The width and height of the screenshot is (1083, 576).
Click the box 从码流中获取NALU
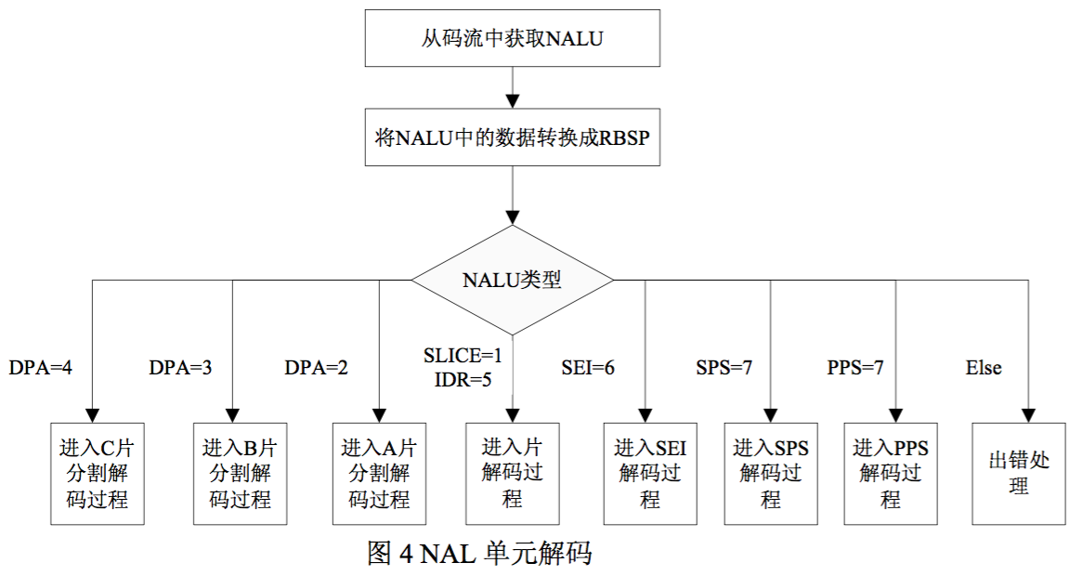(513, 39)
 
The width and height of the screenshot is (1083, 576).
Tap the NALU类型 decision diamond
(513, 280)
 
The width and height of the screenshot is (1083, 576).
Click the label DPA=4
(41, 368)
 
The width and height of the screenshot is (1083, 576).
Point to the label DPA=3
(180, 368)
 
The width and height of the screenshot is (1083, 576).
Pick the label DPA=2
(317, 368)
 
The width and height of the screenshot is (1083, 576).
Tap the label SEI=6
(588, 368)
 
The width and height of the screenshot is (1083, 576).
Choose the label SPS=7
(724, 368)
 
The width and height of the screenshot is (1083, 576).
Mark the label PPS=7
(855, 368)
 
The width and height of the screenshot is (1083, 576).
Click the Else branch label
(984, 368)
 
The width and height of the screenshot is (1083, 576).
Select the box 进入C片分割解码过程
(97, 473)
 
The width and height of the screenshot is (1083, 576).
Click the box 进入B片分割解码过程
(239, 473)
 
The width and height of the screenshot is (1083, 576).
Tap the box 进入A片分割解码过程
(379, 473)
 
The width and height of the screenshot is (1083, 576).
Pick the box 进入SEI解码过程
(649, 473)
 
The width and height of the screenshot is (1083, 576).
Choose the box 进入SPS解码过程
(770, 473)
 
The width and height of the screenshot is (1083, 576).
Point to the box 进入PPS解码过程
(890, 473)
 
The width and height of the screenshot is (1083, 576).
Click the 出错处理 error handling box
(1018, 473)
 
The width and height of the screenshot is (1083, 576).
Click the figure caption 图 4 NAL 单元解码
(479, 554)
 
